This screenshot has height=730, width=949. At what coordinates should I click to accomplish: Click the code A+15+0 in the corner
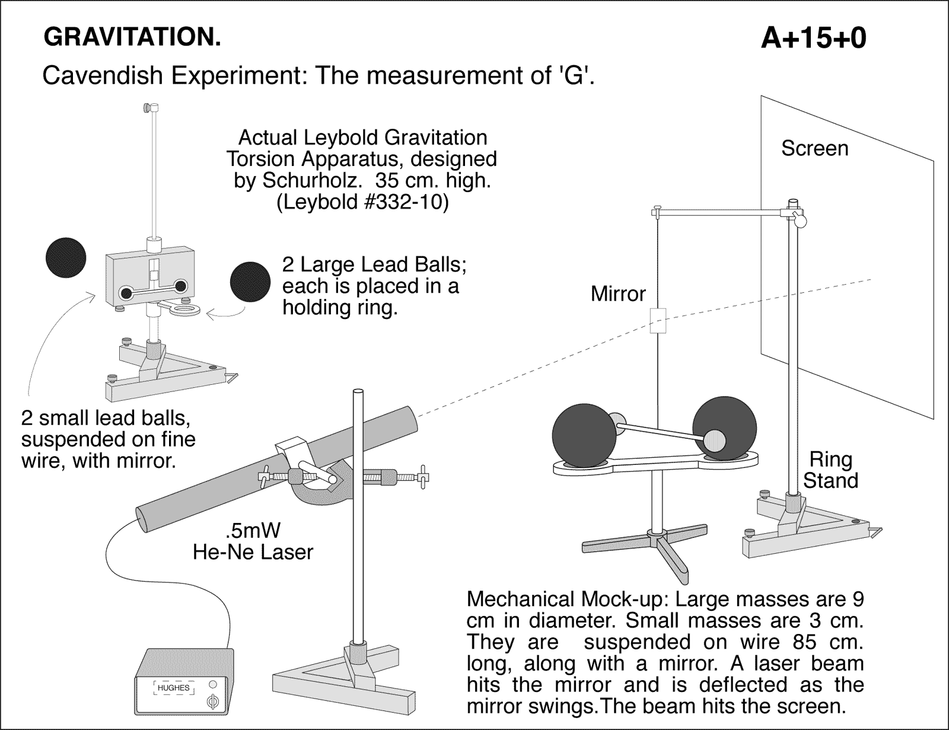coord(813,39)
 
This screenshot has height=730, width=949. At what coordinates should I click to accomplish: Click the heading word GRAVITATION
coord(132,37)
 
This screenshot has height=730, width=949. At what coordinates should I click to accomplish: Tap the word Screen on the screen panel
coord(814,148)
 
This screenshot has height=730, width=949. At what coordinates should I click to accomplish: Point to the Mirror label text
coord(617,294)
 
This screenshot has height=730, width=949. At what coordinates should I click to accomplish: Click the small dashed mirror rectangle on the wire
coord(659,320)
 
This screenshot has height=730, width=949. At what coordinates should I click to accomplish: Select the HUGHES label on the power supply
coord(173,688)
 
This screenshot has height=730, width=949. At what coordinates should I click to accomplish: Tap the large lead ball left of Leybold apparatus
coord(66,257)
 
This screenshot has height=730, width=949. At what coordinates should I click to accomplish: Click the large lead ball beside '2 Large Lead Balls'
coord(250,282)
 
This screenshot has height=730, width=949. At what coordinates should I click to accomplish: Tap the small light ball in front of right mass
coord(714,441)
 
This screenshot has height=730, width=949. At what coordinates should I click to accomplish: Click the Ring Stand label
coord(830,470)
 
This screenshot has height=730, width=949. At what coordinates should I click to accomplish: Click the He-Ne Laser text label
coord(253,552)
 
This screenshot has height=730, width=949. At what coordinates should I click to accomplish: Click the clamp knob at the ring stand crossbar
coord(800,220)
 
